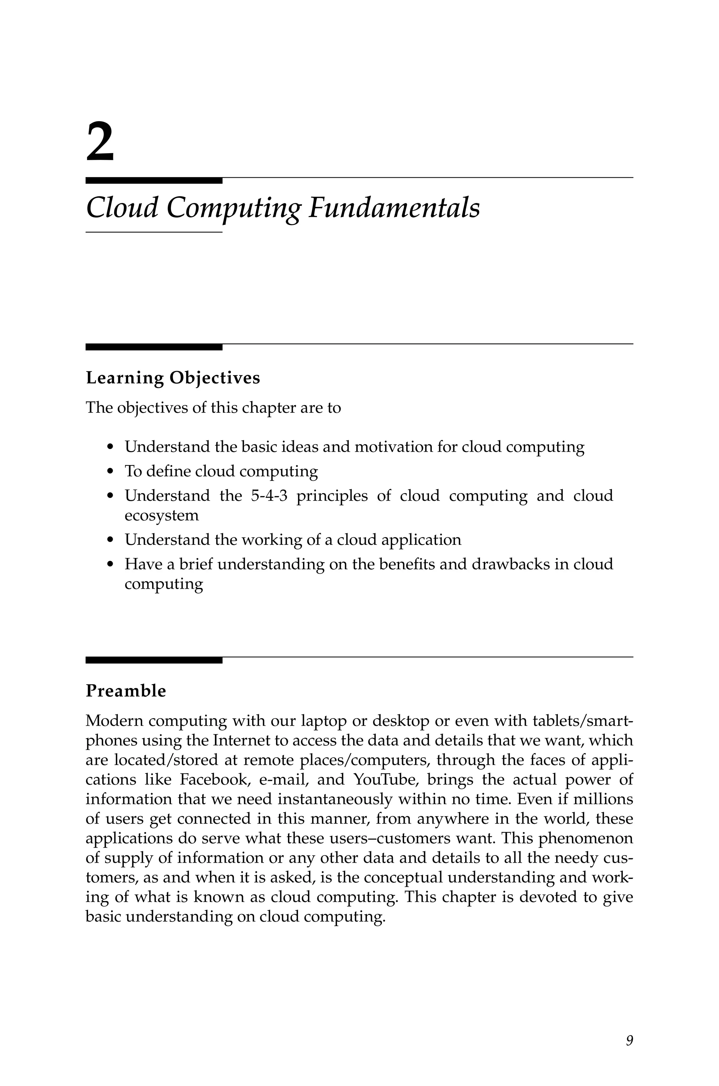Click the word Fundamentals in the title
tap(394, 208)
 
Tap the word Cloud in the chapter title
tap(122, 208)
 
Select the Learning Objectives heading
tap(173, 378)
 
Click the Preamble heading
tap(126, 691)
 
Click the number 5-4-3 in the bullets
tap(269, 496)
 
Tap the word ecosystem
tap(161, 516)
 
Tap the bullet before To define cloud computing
tap(109, 472)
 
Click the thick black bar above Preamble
tap(154, 660)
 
